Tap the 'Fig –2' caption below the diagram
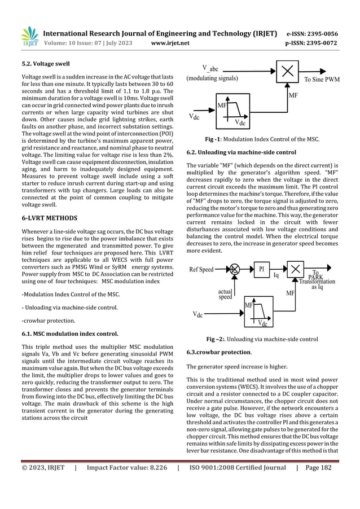click(262, 339)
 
